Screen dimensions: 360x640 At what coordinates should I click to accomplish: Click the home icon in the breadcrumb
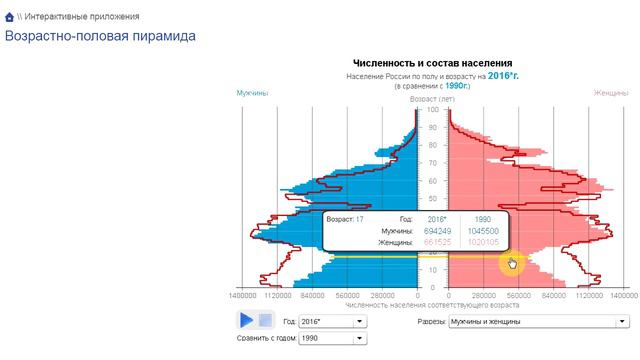click(10, 17)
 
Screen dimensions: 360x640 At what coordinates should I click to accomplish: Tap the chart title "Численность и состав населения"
click(433, 64)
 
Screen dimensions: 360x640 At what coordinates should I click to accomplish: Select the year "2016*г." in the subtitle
click(503, 76)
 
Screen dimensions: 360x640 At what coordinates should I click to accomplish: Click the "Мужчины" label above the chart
click(253, 93)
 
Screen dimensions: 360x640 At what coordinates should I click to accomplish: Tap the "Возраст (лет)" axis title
click(433, 100)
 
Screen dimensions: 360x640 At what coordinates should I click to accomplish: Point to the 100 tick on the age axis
click(433, 110)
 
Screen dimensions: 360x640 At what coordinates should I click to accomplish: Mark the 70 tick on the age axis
click(433, 163)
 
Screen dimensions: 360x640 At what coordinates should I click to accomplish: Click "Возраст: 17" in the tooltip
click(345, 218)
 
